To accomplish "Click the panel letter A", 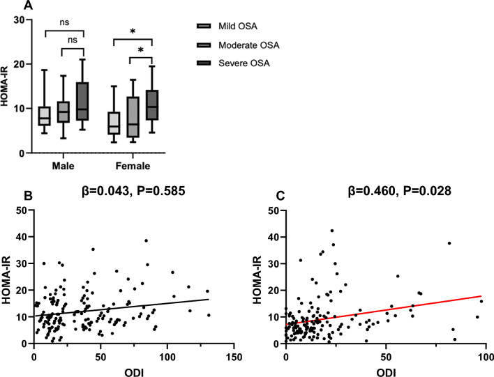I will (9, 6).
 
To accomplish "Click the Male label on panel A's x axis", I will (63, 167).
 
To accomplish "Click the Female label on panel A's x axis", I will (132, 167).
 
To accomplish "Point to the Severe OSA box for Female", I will (152, 105).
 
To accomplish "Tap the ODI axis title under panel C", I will (386, 370).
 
